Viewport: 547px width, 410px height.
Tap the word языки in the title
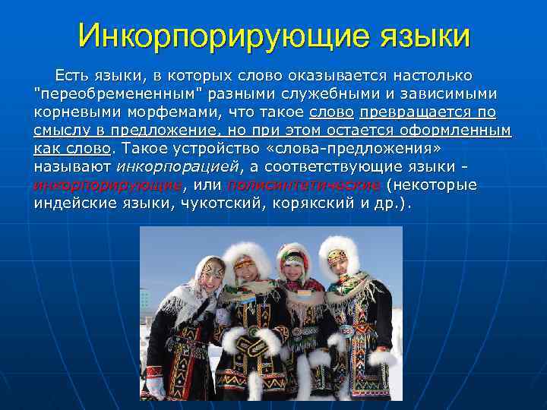pyautogui.click(x=416, y=36)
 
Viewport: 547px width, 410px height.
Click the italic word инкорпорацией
pyautogui.click(x=180, y=167)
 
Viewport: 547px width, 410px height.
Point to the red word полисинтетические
pyautogui.click(x=303, y=185)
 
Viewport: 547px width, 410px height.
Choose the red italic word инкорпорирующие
pyautogui.click(x=107, y=185)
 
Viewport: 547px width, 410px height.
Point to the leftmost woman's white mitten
pyautogui.click(x=157, y=386)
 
